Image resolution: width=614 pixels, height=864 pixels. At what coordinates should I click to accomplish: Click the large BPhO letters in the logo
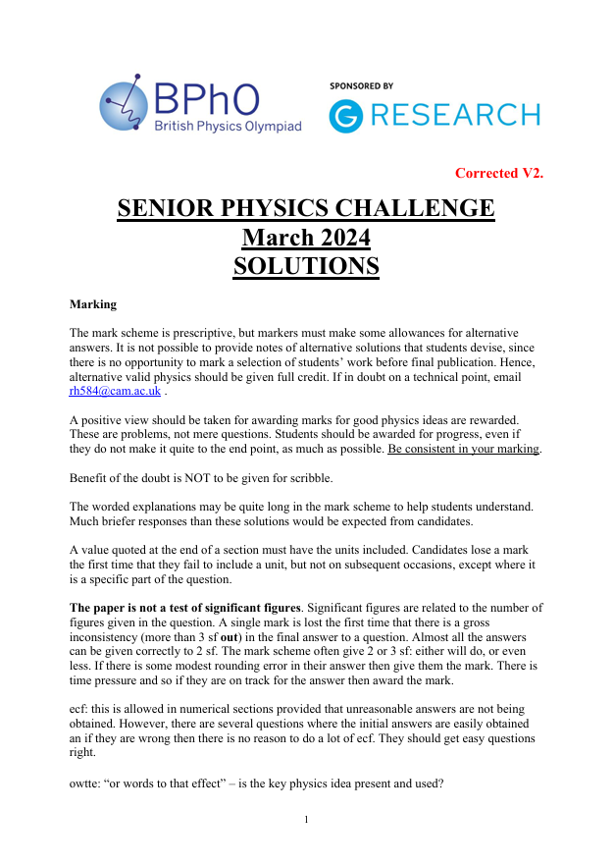(206, 98)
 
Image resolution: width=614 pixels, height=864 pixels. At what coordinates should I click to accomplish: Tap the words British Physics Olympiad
(227, 126)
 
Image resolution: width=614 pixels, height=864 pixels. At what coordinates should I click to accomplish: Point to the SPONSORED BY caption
(361, 86)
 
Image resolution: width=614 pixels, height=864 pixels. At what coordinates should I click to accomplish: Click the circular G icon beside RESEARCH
(345, 116)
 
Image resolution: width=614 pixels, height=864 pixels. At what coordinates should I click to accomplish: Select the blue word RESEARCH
(454, 116)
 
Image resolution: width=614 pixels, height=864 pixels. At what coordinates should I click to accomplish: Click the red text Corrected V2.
(498, 174)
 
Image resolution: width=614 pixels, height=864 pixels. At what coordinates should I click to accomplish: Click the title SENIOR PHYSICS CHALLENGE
(306, 208)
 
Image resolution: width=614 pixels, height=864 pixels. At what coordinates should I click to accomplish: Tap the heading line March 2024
(306, 238)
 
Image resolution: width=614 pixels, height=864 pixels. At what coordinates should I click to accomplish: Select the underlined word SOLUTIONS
(306, 266)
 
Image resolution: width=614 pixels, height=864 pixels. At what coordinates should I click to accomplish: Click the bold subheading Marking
(93, 304)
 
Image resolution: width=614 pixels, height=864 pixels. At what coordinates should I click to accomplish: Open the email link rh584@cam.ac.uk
(115, 391)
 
